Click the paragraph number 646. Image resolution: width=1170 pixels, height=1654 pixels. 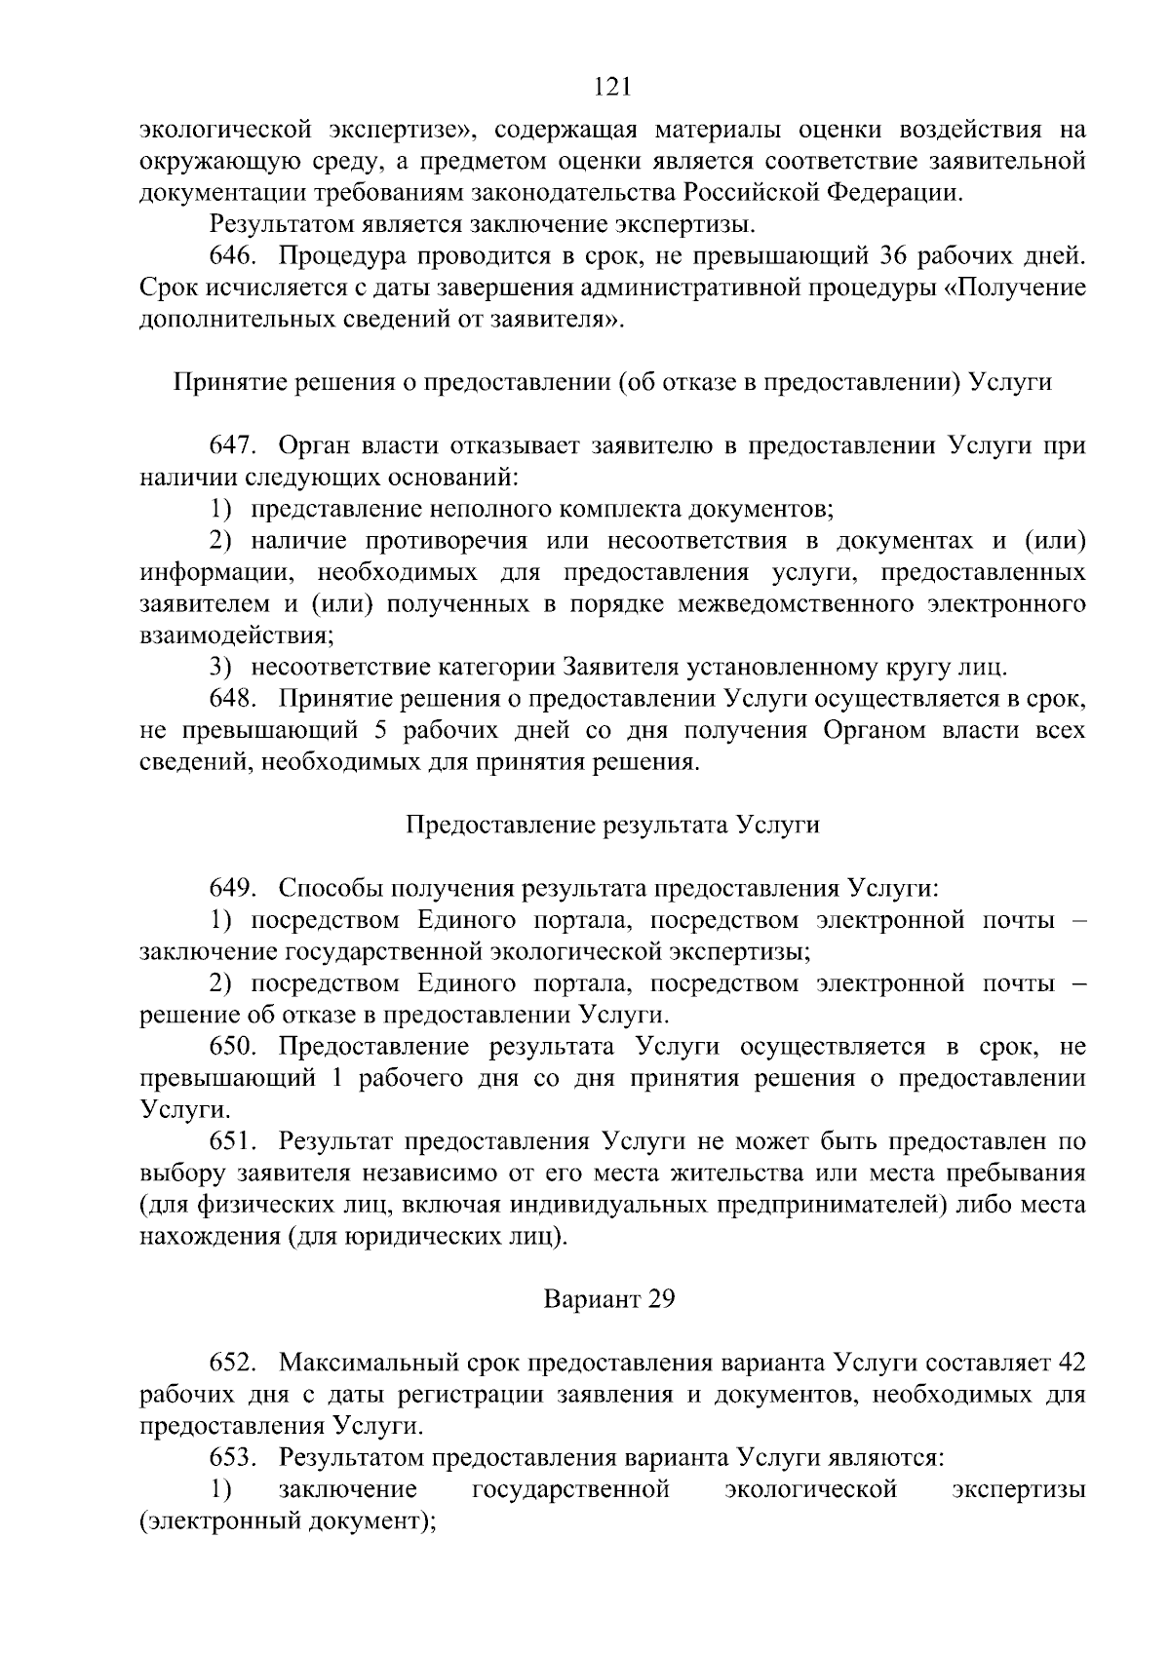click(233, 257)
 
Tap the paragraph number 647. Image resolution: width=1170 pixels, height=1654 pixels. click(233, 446)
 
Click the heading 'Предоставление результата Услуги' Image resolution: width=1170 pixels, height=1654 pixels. click(612, 825)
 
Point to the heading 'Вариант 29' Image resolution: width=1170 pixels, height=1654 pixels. click(609, 1299)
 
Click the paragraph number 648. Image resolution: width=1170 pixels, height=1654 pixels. click(233, 699)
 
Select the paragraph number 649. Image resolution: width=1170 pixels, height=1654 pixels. click(233, 888)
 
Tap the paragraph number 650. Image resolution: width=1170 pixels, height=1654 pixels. click(233, 1047)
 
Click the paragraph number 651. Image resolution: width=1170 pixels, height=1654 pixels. click(233, 1141)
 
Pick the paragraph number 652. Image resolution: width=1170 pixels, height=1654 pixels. click(233, 1362)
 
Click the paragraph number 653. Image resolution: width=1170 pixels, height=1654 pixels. click(233, 1457)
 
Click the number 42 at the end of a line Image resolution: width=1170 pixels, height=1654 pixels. click(1072, 1362)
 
